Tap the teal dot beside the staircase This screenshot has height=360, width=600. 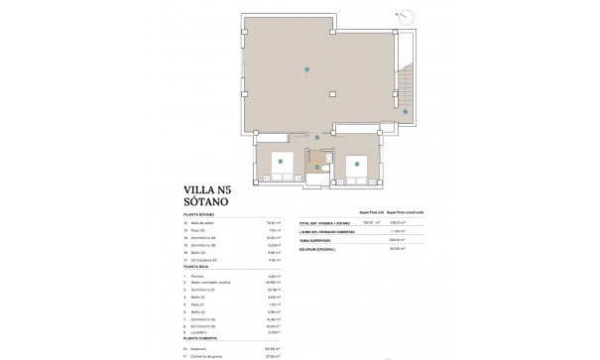tap(406, 112)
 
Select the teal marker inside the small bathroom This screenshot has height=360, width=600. tap(318, 168)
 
